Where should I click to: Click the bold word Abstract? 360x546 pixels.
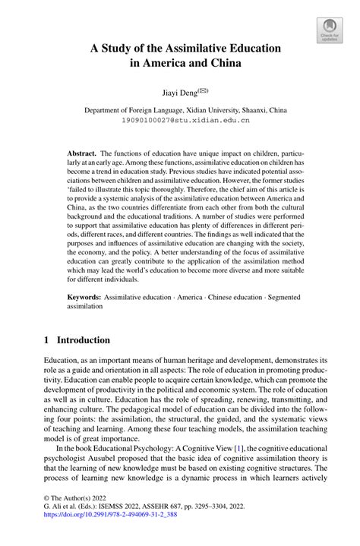pos(81,152)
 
